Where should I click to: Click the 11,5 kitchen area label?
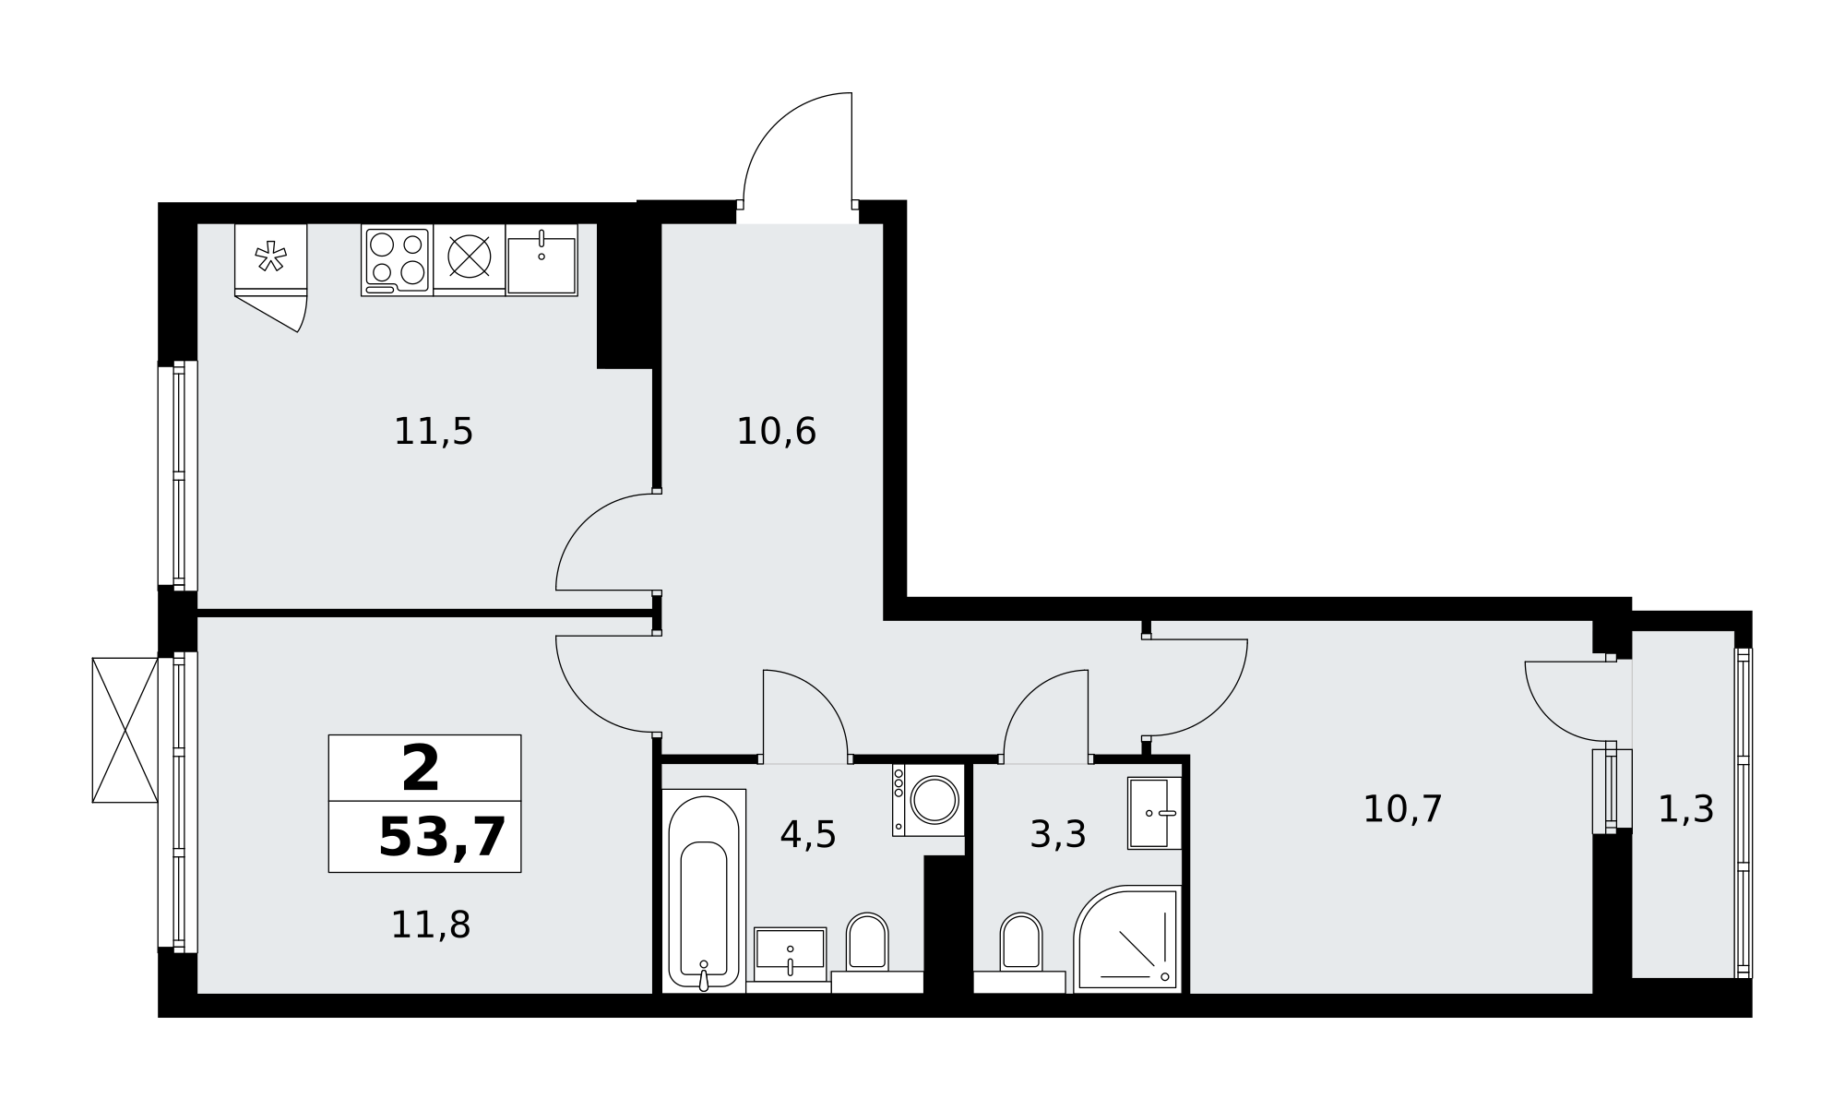coord(434,432)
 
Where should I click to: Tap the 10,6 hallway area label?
coord(776,432)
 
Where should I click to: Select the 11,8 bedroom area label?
coord(431,925)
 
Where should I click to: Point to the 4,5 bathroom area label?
coord(808,835)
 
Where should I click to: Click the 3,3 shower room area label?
coord(1058,835)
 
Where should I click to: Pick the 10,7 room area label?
coord(1402,809)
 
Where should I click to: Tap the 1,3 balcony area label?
coord(1686,810)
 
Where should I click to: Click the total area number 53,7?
coord(443,837)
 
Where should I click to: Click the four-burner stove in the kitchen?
coord(397,259)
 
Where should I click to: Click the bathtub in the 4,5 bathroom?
coord(704,890)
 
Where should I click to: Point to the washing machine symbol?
coord(928,800)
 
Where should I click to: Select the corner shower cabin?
coord(1127,938)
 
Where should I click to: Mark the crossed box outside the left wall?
coord(125,730)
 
